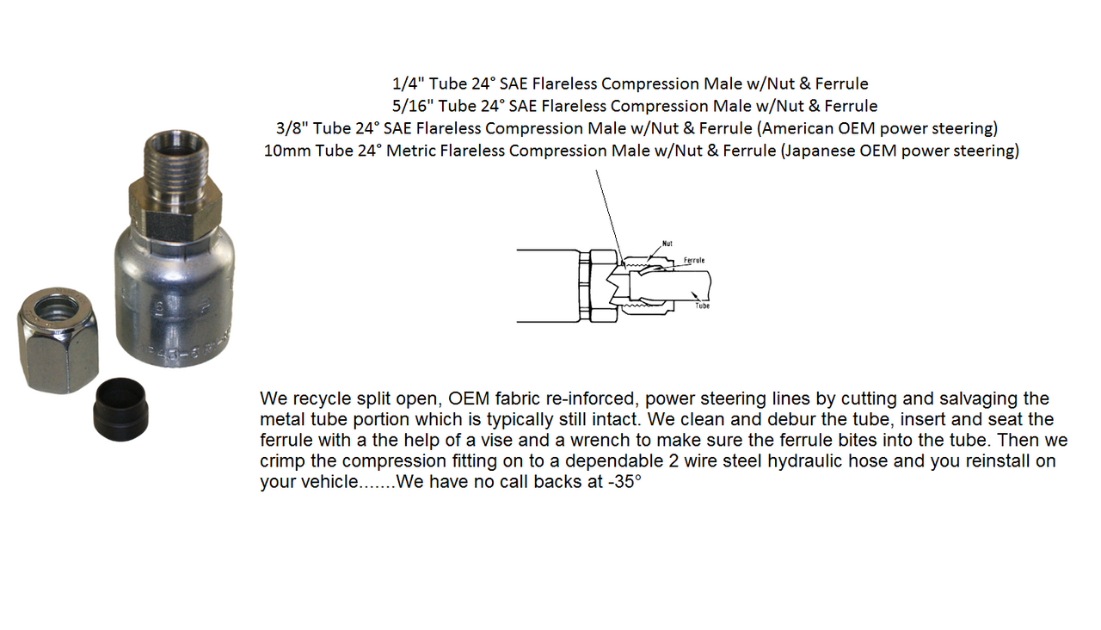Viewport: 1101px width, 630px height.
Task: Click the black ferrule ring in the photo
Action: (x=121, y=405)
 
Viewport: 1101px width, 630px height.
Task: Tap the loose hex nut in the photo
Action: (x=57, y=340)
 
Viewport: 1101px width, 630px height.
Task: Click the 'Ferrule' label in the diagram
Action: (x=694, y=259)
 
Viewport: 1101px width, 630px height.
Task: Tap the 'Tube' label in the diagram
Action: (x=703, y=306)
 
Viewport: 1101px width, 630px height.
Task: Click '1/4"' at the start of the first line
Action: (x=407, y=84)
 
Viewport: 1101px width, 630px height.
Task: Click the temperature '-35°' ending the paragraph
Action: (x=624, y=482)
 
